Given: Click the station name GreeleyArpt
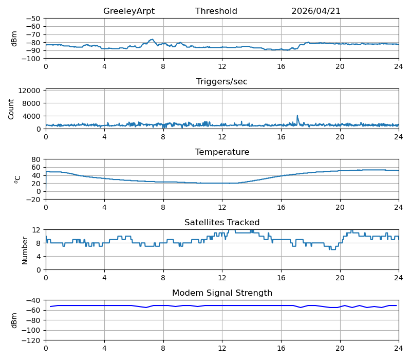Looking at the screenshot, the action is tap(129, 11).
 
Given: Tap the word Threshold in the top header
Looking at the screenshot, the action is tap(216, 11).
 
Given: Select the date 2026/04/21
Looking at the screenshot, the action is tap(316, 11).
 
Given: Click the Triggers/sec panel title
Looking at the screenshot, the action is tap(222, 82).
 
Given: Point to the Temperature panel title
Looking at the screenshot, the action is tap(222, 152).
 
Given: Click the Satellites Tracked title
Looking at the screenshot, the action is tap(222, 223).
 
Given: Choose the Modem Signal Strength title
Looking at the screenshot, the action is tap(222, 293).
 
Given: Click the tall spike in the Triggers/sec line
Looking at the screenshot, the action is tap(297, 116).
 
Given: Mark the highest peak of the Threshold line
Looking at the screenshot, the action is tap(152, 40).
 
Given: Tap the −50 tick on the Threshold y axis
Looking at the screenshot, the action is tap(33, 19).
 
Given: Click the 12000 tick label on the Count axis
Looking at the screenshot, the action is tap(29, 91).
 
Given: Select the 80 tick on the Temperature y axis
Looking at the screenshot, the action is tap(36, 159).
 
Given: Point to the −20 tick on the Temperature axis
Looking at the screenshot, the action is tap(33, 200).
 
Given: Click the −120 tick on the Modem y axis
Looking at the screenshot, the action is tap(31, 340).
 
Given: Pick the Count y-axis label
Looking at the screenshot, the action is tap(11, 110).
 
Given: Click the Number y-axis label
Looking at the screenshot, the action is tap(25, 250).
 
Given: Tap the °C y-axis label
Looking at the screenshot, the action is tap(17, 179).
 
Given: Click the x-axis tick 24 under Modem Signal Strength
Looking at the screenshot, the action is tap(399, 349).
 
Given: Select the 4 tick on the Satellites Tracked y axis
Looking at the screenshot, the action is tap(38, 257).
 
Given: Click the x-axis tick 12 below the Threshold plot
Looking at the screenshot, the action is tap(222, 67).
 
